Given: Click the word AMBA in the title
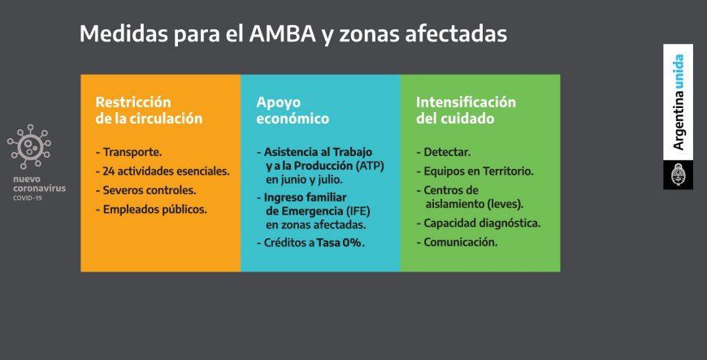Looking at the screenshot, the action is [x=282, y=34].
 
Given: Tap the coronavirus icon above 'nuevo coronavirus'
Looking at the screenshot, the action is [x=29, y=146].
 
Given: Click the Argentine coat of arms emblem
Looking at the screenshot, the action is [x=678, y=175].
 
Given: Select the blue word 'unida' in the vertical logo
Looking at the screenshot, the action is [x=678, y=72].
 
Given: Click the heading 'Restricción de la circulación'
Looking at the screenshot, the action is [x=149, y=110].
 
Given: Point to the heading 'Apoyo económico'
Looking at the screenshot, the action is [x=293, y=110].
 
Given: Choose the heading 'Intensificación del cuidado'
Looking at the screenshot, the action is [x=466, y=110].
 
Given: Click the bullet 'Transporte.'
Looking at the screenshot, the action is [x=129, y=152].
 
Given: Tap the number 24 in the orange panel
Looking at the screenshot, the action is [x=109, y=171].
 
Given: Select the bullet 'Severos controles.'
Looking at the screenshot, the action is [x=146, y=190].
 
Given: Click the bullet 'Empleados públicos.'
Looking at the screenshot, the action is [x=151, y=210].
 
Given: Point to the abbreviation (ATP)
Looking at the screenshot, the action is [x=370, y=166].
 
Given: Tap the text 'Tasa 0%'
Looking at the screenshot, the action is [x=339, y=243].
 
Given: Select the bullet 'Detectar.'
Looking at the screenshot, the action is [x=444, y=152].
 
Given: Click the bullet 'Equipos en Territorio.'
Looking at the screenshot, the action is [x=475, y=171].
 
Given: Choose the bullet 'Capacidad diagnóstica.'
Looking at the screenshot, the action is [x=479, y=223].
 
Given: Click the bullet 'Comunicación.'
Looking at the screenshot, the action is [x=457, y=242].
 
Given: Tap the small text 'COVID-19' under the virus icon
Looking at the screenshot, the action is [x=28, y=198].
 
